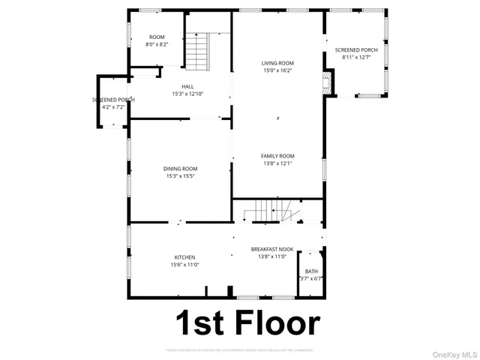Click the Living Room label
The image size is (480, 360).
[x=277, y=63]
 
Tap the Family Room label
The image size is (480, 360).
[x=277, y=156]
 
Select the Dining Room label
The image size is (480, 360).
[x=180, y=169]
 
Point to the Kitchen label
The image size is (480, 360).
[x=184, y=257]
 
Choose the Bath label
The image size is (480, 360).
[x=311, y=271]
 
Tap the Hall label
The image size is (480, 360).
[x=177, y=86]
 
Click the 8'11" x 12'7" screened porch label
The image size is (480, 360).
[x=356, y=58]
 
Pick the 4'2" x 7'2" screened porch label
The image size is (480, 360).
[x=113, y=107]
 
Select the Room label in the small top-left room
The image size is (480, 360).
[x=157, y=37]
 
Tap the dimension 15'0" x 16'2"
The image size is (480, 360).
[x=277, y=70]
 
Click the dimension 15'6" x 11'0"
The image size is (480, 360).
[x=184, y=265]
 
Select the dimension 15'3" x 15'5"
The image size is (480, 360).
[x=180, y=176]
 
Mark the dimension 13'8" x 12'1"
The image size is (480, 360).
[x=277, y=163]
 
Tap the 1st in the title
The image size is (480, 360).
[x=200, y=323]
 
